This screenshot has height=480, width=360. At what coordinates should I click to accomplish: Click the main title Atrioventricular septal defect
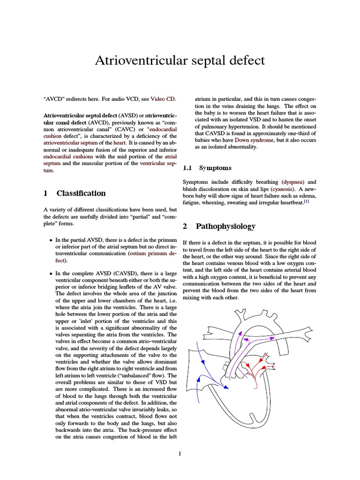[180, 60]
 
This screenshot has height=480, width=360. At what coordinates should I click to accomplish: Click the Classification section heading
[81, 193]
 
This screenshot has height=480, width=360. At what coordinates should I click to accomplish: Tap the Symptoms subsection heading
[216, 167]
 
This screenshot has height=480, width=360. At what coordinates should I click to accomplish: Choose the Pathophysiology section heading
[226, 226]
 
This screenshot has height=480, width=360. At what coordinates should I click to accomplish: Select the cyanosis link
[279, 189]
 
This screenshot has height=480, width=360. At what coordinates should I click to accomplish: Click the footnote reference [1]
[306, 202]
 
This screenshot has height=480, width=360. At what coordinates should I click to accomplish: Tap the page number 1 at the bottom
[180, 453]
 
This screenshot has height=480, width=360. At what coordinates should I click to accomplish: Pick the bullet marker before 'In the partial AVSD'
[51, 240]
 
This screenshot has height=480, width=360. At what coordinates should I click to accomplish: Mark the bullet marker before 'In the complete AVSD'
[51, 273]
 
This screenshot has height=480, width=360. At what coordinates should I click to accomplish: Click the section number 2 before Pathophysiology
[185, 226]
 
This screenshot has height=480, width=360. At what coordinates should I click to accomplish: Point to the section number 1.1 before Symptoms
[187, 167]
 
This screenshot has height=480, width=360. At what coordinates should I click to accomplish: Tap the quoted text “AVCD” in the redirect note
[52, 99]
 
